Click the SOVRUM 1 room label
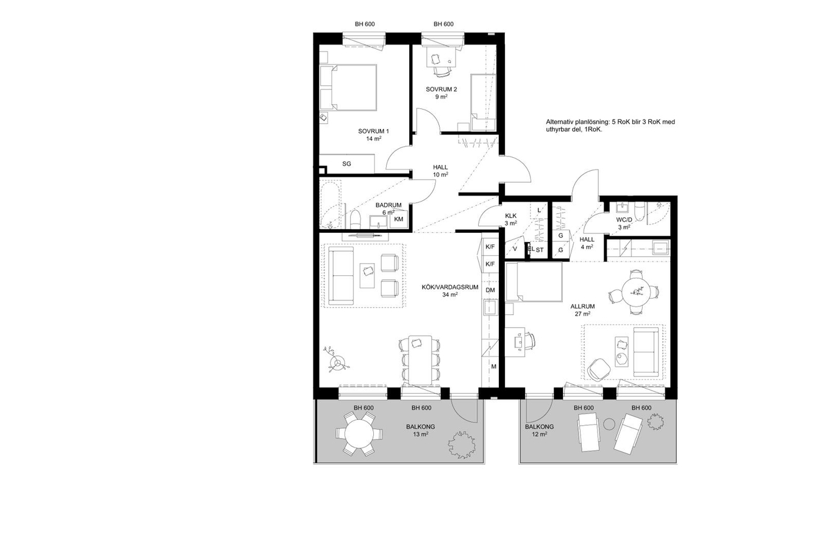(373, 131)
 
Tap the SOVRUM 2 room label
(441, 89)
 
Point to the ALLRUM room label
(582, 306)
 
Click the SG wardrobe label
(346, 163)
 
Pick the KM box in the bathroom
(398, 219)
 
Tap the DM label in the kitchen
(490, 290)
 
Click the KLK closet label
(510, 216)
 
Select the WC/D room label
(624, 220)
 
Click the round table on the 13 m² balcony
(359, 434)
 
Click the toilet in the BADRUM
(96, 220)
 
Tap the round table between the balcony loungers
(609, 424)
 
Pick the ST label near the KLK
(540, 250)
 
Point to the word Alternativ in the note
(559, 122)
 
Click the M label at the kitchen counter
(494, 367)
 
